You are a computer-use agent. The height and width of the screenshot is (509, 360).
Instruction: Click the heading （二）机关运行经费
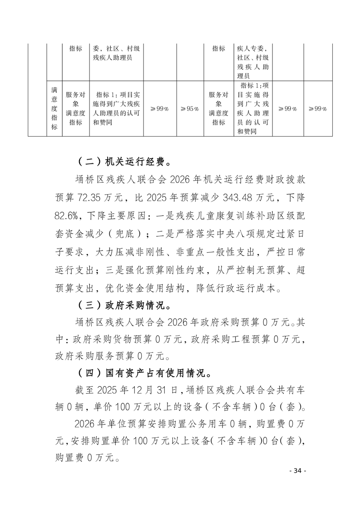click(123, 162)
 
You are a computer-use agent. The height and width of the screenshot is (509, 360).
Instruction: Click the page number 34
click(298, 470)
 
